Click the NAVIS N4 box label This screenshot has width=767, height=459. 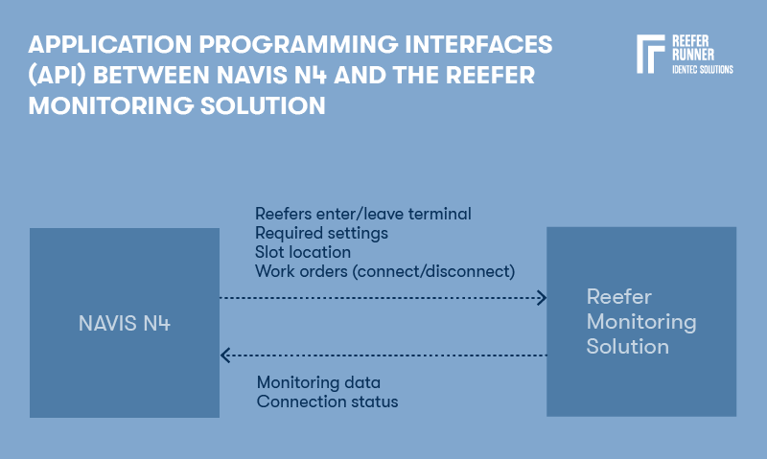coord(124,324)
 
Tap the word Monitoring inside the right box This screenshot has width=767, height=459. coord(640,321)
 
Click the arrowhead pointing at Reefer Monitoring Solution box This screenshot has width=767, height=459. coord(541,298)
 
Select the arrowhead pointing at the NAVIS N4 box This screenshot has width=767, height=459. coord(226,356)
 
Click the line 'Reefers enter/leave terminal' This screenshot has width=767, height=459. coord(362,214)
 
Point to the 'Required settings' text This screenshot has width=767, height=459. coord(321,233)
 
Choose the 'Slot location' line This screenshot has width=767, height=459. coord(302,252)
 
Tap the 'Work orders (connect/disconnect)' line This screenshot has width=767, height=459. coord(384,271)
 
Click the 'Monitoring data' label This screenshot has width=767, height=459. coord(318,382)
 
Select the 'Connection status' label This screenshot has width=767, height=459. coord(327,402)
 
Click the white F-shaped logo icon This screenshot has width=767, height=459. coord(650,55)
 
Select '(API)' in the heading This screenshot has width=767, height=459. coord(57,76)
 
